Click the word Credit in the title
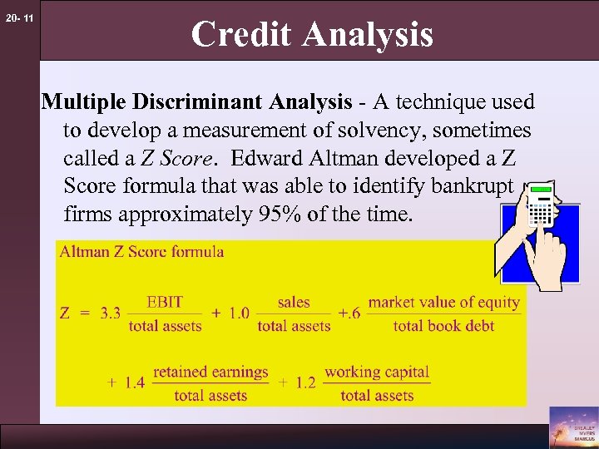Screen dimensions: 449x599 [x=242, y=35]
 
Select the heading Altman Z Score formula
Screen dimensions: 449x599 [x=141, y=252]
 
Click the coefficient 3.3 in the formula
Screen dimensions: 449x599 [x=110, y=313]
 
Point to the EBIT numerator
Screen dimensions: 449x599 [x=165, y=303]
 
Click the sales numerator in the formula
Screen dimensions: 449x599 [x=294, y=303]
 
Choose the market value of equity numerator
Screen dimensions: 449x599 [x=443, y=303]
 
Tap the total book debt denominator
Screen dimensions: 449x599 [x=443, y=326]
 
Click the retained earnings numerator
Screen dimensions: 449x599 [x=210, y=372]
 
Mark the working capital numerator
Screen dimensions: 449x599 [x=377, y=372]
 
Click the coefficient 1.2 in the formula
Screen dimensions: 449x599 [x=305, y=383]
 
